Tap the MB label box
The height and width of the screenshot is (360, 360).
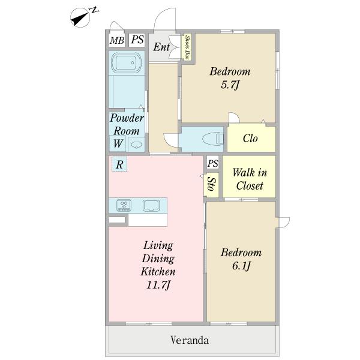point(117,40)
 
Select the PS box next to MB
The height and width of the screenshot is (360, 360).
point(137,40)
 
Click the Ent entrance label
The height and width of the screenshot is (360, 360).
point(161,47)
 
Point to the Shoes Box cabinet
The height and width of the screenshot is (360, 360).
point(188,47)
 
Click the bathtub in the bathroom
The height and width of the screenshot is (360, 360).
point(125,62)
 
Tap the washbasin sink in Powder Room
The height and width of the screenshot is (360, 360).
point(136,145)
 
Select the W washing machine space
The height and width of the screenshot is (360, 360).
point(118,143)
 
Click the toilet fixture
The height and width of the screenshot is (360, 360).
point(212,139)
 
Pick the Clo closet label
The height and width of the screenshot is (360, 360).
point(250,139)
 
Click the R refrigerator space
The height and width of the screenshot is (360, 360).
point(119,164)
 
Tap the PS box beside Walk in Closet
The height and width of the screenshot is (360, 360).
point(212,163)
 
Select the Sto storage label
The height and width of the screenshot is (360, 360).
point(211,184)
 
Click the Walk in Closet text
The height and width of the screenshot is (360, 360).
point(250,179)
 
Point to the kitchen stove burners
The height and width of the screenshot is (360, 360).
point(124,205)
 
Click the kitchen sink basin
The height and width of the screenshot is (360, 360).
point(151,205)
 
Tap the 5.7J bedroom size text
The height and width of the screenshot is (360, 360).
point(230,85)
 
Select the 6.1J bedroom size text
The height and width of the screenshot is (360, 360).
point(241,266)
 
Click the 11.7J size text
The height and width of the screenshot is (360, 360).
point(158,286)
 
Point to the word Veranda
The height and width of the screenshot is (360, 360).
point(190,340)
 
